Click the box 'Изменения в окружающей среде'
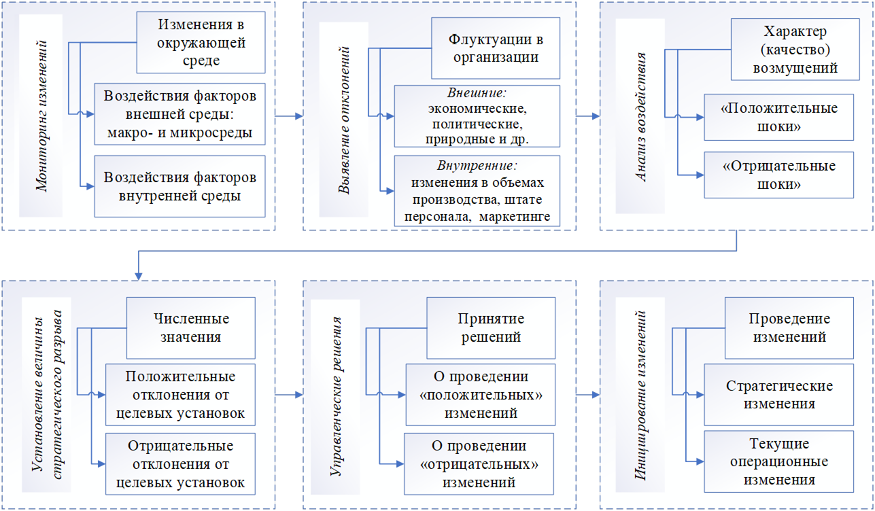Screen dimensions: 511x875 [x=201, y=43]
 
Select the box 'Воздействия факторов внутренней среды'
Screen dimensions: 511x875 [x=180, y=187]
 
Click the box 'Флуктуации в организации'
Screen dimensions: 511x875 [x=496, y=48]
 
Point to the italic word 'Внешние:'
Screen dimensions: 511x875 [x=478, y=92]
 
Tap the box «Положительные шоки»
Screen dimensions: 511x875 [x=779, y=117]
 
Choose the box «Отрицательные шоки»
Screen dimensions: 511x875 [x=779, y=175]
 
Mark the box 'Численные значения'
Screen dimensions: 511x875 [x=191, y=328]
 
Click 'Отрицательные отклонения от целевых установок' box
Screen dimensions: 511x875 [x=180, y=464]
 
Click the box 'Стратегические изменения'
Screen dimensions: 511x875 [x=779, y=394]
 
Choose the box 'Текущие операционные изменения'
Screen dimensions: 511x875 [x=779, y=461]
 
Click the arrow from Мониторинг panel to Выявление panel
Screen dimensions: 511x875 [x=288, y=116]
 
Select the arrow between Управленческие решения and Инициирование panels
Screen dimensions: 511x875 [x=587, y=394]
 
